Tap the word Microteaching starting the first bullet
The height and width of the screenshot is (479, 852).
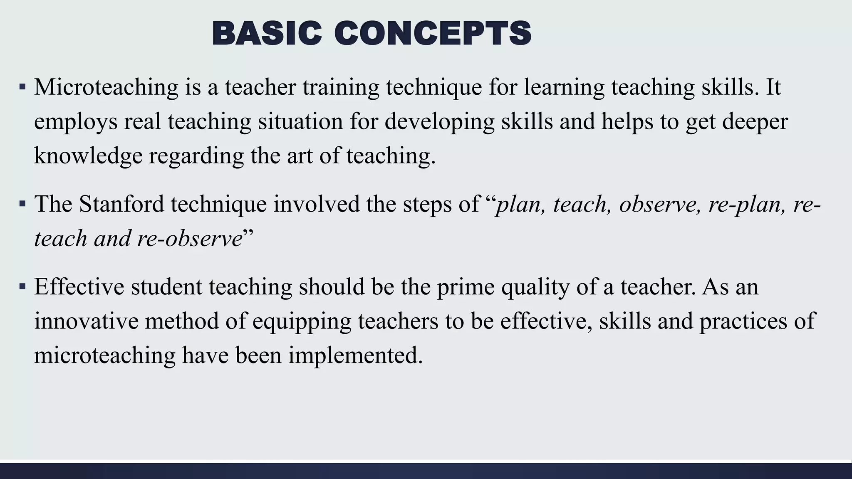[x=106, y=87]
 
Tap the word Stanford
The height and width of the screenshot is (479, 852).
[x=121, y=205]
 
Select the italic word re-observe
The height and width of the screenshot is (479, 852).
[x=190, y=239]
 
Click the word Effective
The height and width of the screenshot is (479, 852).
[x=79, y=287]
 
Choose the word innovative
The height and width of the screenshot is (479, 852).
[x=86, y=321]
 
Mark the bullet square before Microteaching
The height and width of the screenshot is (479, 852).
[x=22, y=88]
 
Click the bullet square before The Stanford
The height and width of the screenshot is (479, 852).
[x=22, y=205]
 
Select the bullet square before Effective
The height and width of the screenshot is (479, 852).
[x=22, y=287]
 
